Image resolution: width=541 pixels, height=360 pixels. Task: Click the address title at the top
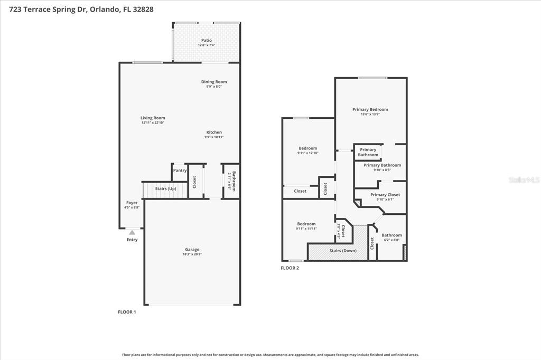77,10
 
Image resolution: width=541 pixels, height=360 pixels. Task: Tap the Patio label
206,40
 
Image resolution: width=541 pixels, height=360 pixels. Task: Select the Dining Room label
214,82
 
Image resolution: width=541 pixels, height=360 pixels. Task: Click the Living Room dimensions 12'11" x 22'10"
153,122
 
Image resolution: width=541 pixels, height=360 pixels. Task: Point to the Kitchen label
214,132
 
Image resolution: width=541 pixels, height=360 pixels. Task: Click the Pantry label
180,170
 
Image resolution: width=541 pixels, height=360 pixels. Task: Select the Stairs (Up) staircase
165,190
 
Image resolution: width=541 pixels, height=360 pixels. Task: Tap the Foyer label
132,203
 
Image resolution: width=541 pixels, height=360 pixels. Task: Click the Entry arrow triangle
132,232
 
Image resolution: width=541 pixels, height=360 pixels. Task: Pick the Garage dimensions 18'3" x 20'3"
192,254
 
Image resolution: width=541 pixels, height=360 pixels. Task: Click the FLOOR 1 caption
127,312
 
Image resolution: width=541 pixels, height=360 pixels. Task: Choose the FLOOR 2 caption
290,268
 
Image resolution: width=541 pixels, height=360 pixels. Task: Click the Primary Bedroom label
370,110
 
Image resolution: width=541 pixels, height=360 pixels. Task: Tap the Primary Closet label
385,195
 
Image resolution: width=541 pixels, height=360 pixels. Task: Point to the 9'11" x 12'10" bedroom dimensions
308,153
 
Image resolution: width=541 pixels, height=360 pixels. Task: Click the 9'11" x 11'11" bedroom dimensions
306,229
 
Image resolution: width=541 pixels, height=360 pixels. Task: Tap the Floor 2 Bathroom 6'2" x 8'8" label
391,235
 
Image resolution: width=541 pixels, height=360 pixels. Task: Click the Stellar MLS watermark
524,180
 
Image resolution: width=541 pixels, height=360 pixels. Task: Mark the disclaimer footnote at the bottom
270,355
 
